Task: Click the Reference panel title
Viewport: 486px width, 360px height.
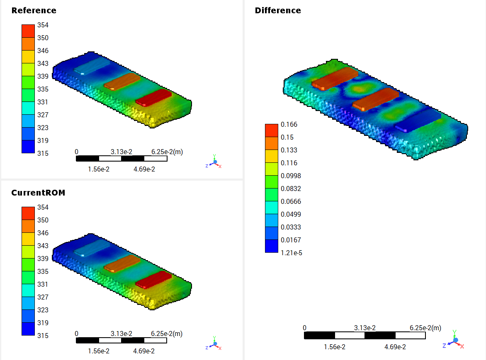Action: (34, 10)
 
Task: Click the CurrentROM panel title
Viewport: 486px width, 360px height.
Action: (38, 193)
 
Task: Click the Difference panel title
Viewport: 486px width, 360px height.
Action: (278, 10)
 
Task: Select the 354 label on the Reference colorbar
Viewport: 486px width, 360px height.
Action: (43, 25)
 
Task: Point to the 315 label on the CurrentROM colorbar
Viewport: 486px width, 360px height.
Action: (43, 336)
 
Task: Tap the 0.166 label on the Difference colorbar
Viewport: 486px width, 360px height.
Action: (289, 124)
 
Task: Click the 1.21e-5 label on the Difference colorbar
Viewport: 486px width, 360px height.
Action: (292, 253)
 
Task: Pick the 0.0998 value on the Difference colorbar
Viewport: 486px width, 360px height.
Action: (291, 176)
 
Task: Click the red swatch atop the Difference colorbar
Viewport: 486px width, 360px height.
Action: (272, 130)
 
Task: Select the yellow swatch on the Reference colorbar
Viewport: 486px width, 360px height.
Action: (28, 57)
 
